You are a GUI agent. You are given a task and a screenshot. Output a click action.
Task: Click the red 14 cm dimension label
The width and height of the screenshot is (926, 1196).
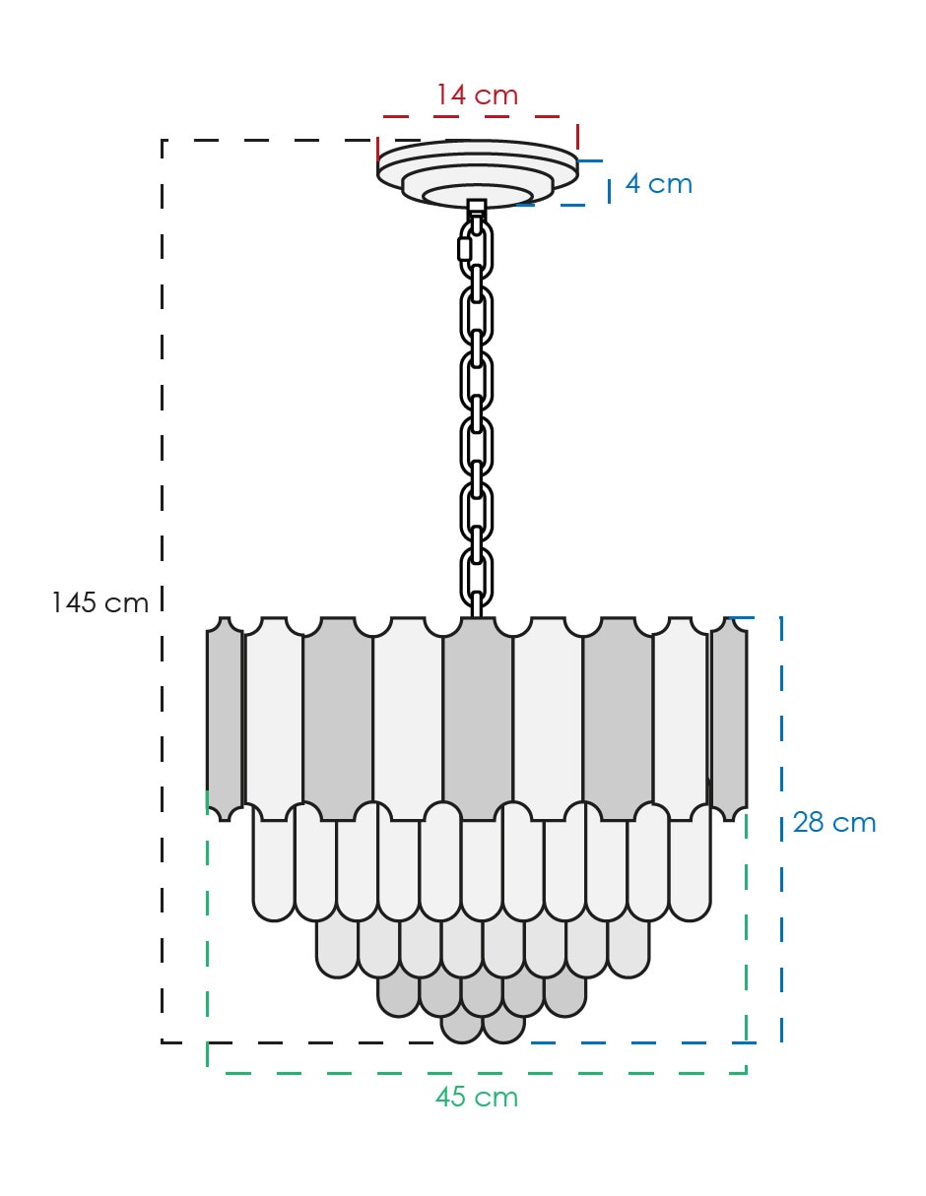477,94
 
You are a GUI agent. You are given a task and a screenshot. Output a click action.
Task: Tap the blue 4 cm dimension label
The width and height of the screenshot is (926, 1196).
658,184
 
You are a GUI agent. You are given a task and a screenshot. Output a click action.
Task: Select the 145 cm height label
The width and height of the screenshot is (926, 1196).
99,602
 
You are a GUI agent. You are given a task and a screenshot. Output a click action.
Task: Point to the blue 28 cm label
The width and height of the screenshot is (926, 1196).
833,823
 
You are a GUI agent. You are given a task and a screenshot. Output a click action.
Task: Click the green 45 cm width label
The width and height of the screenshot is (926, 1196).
476,1097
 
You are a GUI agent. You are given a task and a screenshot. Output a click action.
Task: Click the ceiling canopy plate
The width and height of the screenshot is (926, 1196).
477,171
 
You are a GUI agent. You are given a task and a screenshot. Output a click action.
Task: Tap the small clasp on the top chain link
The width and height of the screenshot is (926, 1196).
465,249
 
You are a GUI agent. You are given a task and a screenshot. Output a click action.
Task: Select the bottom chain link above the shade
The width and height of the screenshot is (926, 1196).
476,576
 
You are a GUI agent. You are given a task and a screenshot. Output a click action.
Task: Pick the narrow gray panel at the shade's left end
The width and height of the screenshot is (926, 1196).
225,720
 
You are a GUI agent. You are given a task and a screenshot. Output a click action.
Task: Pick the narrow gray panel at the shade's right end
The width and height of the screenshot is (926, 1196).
729,720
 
